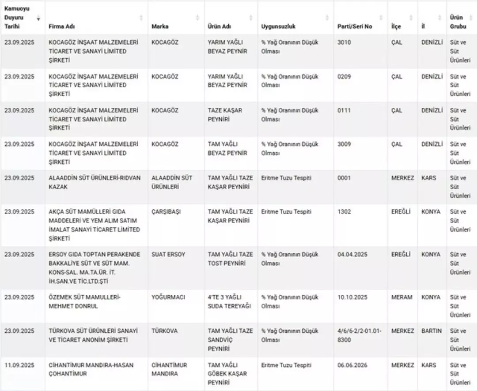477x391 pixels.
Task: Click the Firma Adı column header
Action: click(x=62, y=26)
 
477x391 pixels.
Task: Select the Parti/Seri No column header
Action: click(x=354, y=26)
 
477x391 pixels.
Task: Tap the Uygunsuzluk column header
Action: click(x=278, y=26)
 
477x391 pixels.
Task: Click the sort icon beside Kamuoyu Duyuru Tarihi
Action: click(x=38, y=18)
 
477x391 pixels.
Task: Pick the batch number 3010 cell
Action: click(x=344, y=43)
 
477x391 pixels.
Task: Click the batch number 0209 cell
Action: click(x=344, y=77)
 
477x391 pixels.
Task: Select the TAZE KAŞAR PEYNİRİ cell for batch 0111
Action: click(x=225, y=115)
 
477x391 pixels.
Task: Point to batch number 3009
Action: click(x=344, y=144)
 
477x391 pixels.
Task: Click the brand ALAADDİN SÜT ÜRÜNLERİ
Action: click(x=172, y=182)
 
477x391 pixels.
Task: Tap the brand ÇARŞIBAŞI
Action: click(x=166, y=212)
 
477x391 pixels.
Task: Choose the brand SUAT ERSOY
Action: click(x=168, y=255)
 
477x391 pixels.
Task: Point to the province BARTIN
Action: click(x=431, y=331)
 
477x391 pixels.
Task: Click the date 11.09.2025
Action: click(x=19, y=365)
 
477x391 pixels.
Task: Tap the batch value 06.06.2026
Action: click(x=352, y=365)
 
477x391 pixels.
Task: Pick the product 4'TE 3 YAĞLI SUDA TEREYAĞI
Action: click(x=230, y=302)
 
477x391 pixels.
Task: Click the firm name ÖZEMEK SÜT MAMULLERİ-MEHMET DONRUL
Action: click(x=84, y=302)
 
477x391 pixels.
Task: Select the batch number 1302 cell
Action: click(x=344, y=212)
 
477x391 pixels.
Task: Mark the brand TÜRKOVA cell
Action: click(x=165, y=331)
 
